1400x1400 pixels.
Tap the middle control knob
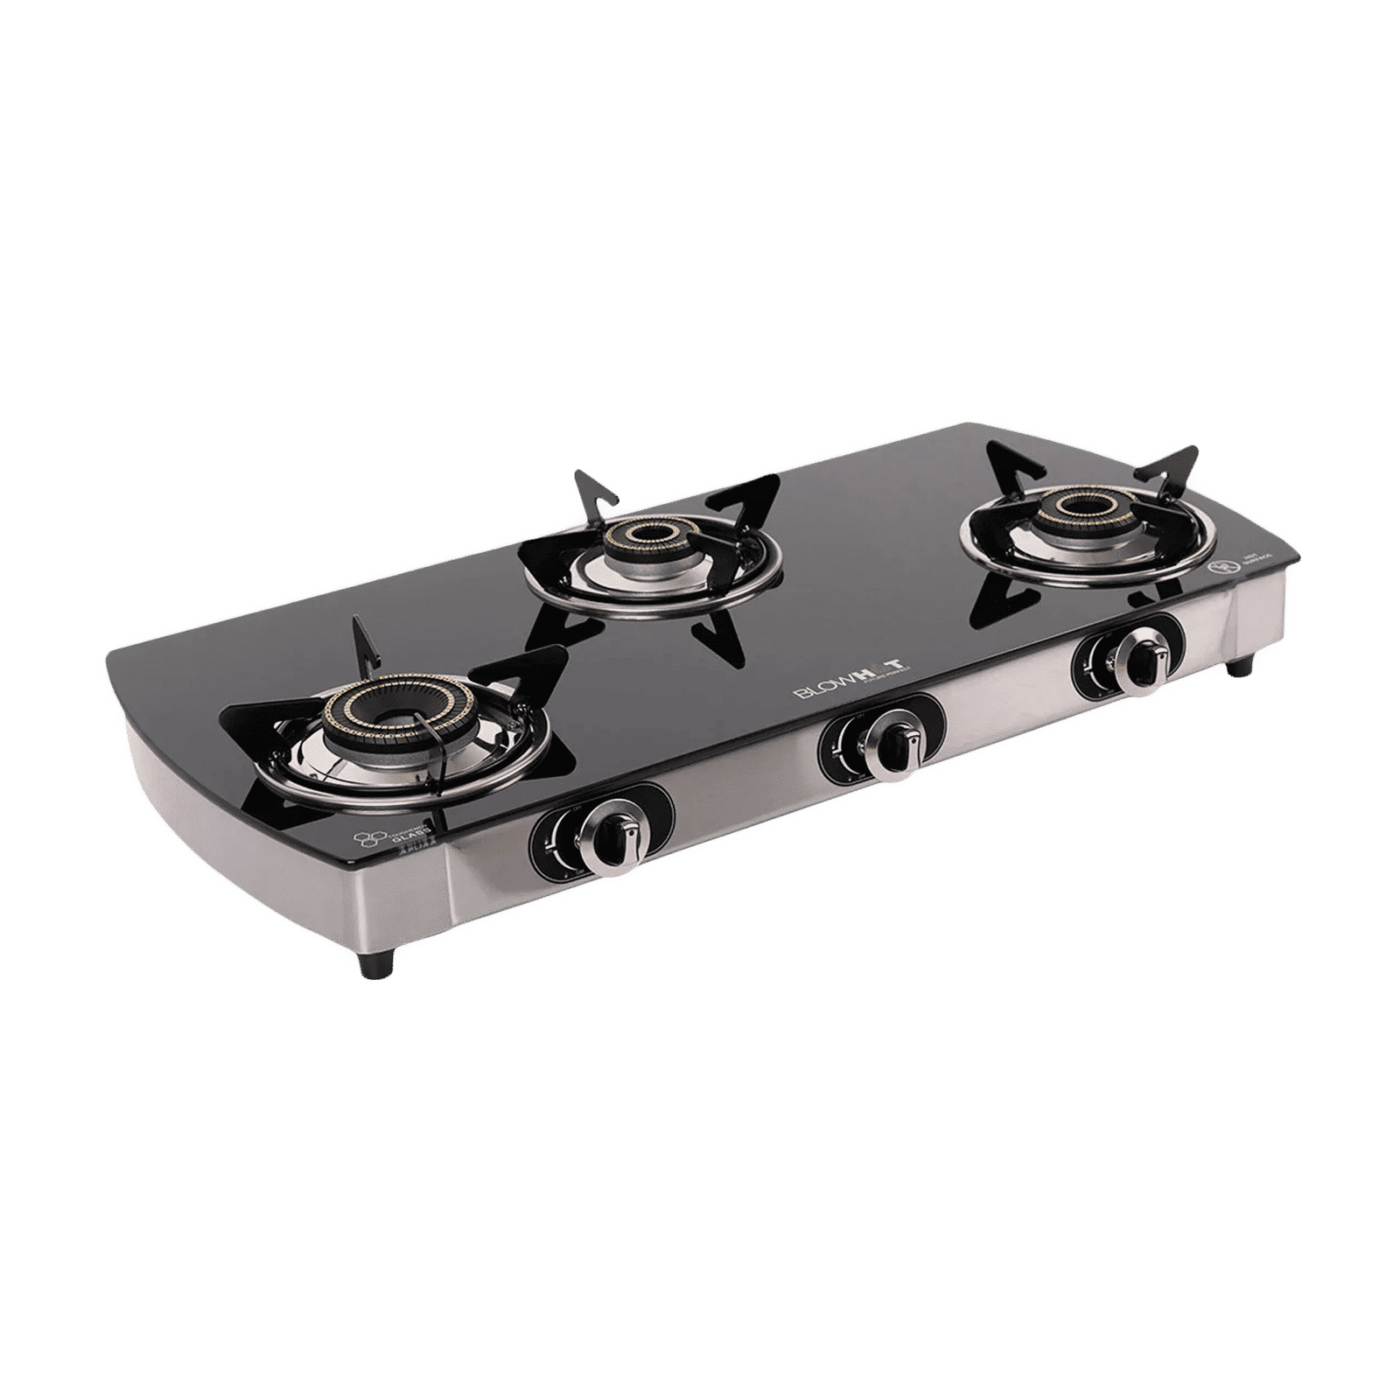pyautogui.click(x=892, y=745)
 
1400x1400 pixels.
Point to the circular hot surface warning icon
pyautogui.click(x=1215, y=566)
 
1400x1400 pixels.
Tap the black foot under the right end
pyautogui.click(x=1238, y=667)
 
